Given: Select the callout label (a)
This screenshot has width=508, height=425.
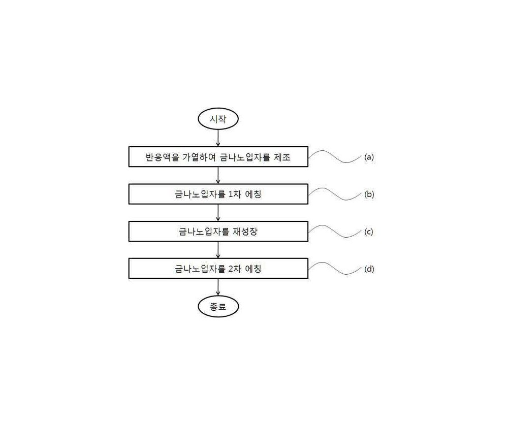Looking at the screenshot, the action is click(369, 157).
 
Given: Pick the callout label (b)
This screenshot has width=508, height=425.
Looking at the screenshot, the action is click(369, 194).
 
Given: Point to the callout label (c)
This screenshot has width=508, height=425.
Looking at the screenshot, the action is click(369, 232).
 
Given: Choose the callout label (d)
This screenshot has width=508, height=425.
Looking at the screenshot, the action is click(369, 269).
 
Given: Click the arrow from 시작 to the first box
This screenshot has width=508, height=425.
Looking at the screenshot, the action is click(218, 138).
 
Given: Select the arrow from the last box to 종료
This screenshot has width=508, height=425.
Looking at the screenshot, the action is click(218, 287).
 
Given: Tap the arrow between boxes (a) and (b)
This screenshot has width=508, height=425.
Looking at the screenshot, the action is click(218, 176).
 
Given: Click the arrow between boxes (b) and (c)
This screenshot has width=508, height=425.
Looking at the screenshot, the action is click(218, 213).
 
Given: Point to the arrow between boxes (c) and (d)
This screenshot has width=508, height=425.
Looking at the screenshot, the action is click(218, 250).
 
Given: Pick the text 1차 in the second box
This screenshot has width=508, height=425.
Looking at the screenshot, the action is click(235, 194).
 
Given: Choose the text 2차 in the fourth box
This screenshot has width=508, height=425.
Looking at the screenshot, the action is click(235, 269).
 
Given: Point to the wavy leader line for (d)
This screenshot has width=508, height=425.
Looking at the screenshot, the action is click(335, 269).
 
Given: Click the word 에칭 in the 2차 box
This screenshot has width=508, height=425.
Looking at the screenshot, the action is click(253, 269).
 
